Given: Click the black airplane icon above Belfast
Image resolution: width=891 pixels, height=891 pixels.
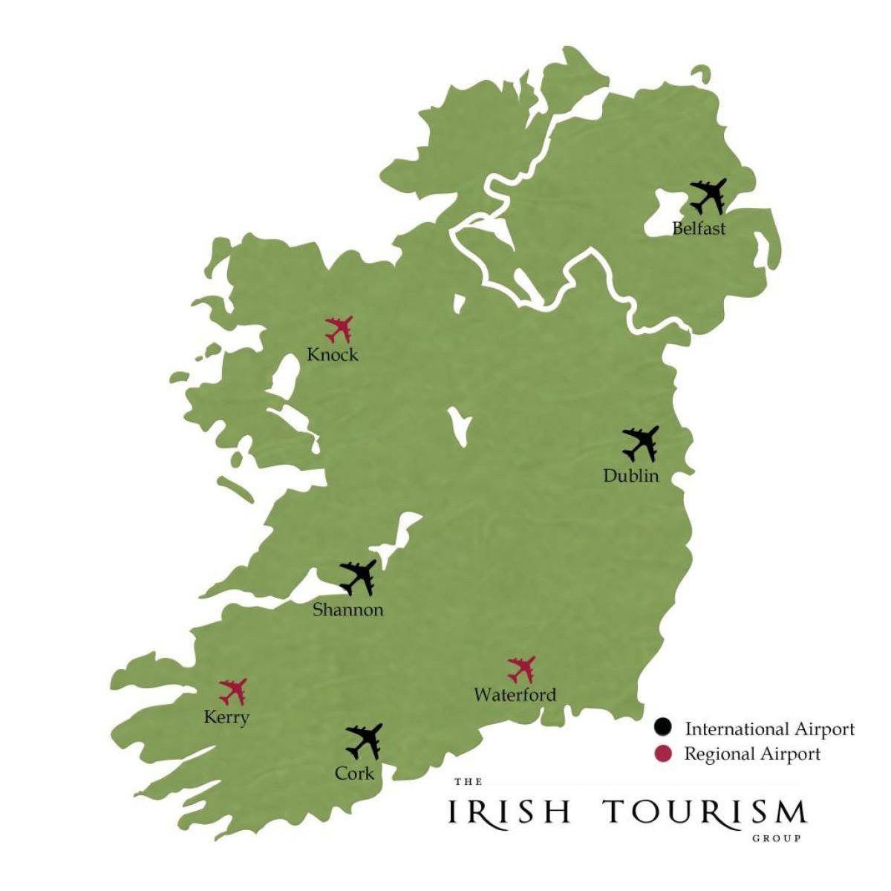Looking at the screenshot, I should tap(708, 195).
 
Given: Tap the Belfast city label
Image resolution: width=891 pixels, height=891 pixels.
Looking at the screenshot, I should tap(699, 228).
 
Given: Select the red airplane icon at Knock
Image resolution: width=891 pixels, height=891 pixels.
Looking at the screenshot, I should tap(339, 328).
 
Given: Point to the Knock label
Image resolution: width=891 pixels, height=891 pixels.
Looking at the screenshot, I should tap(333, 355).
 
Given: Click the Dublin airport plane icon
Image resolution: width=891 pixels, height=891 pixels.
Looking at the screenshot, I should tap(641, 443).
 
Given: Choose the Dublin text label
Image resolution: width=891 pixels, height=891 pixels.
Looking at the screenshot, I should tap(631, 476).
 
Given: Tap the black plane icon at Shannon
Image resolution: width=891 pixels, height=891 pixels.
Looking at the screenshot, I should tap(358, 577).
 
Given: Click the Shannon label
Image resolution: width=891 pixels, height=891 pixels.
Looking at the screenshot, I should tap(348, 610).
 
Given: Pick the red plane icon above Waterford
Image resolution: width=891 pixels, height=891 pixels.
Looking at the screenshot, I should tap(522, 669).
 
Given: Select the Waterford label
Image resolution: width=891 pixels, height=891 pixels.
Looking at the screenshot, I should tap(515, 696).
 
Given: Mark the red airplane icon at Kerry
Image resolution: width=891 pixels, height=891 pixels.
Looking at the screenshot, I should tap(233, 691).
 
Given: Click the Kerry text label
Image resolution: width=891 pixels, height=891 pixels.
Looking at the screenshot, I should tap(226, 718).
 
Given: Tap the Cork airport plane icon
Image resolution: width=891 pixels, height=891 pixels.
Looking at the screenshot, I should tap(364, 740).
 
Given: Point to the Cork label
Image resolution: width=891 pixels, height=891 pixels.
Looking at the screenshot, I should tap(354, 773).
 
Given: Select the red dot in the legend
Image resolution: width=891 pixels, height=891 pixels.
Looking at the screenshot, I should tap(663, 754).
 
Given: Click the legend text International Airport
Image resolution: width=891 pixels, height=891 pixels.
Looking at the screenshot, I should tap(769, 729).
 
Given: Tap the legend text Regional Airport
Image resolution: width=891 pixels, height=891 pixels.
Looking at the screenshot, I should tap(752, 754).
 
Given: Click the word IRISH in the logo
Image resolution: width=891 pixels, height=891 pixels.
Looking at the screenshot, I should tap(509, 812).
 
